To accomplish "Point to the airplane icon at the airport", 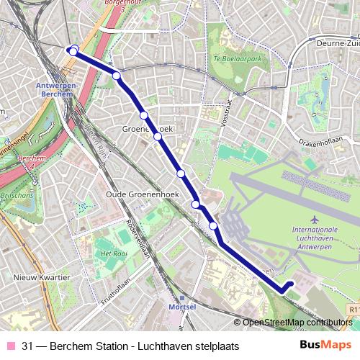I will (313, 218).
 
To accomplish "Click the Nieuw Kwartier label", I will (42, 276).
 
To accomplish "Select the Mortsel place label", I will (181, 306).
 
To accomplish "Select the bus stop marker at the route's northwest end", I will (73, 50).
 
